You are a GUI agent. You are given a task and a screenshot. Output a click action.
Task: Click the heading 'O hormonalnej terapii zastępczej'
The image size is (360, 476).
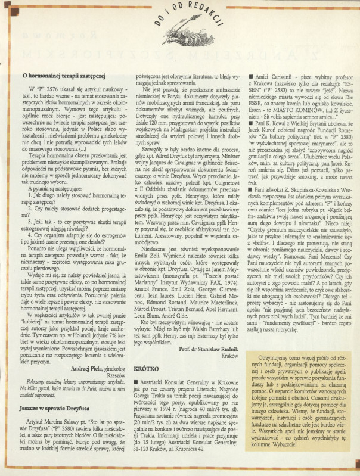63,76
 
